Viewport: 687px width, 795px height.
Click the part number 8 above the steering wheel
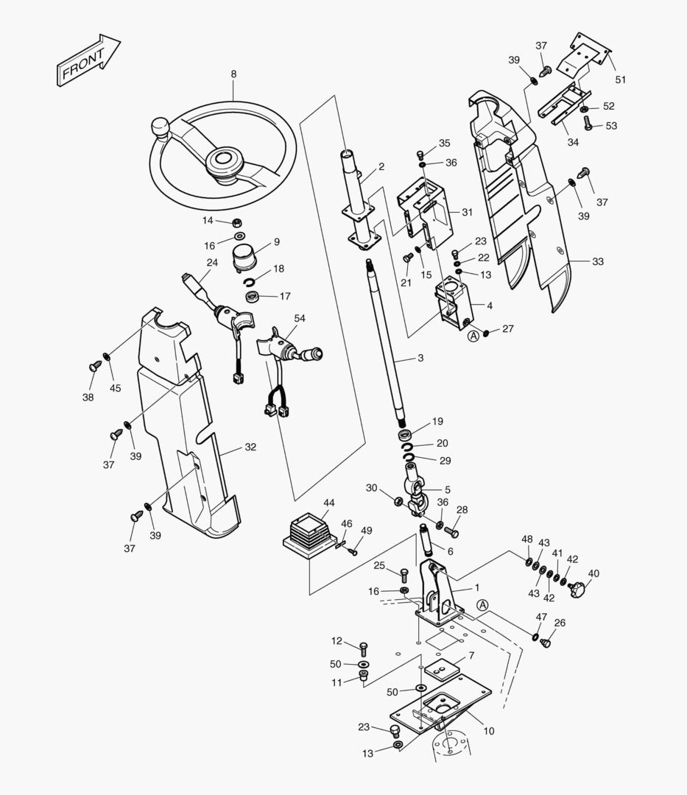(233, 74)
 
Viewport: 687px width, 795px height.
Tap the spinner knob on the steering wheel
(161, 130)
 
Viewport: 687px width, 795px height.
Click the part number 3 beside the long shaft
(420, 358)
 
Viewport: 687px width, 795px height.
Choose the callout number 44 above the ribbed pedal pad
(328, 503)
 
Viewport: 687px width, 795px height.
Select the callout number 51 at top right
(620, 79)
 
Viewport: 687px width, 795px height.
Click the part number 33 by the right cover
(597, 261)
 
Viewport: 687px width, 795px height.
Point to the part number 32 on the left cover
(250, 447)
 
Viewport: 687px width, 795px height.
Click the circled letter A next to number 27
(473, 336)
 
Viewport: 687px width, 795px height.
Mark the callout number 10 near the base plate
(489, 731)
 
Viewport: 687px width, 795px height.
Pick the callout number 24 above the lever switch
(212, 263)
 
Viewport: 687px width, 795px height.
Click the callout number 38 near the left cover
(88, 397)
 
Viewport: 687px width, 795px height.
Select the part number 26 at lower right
(560, 623)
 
